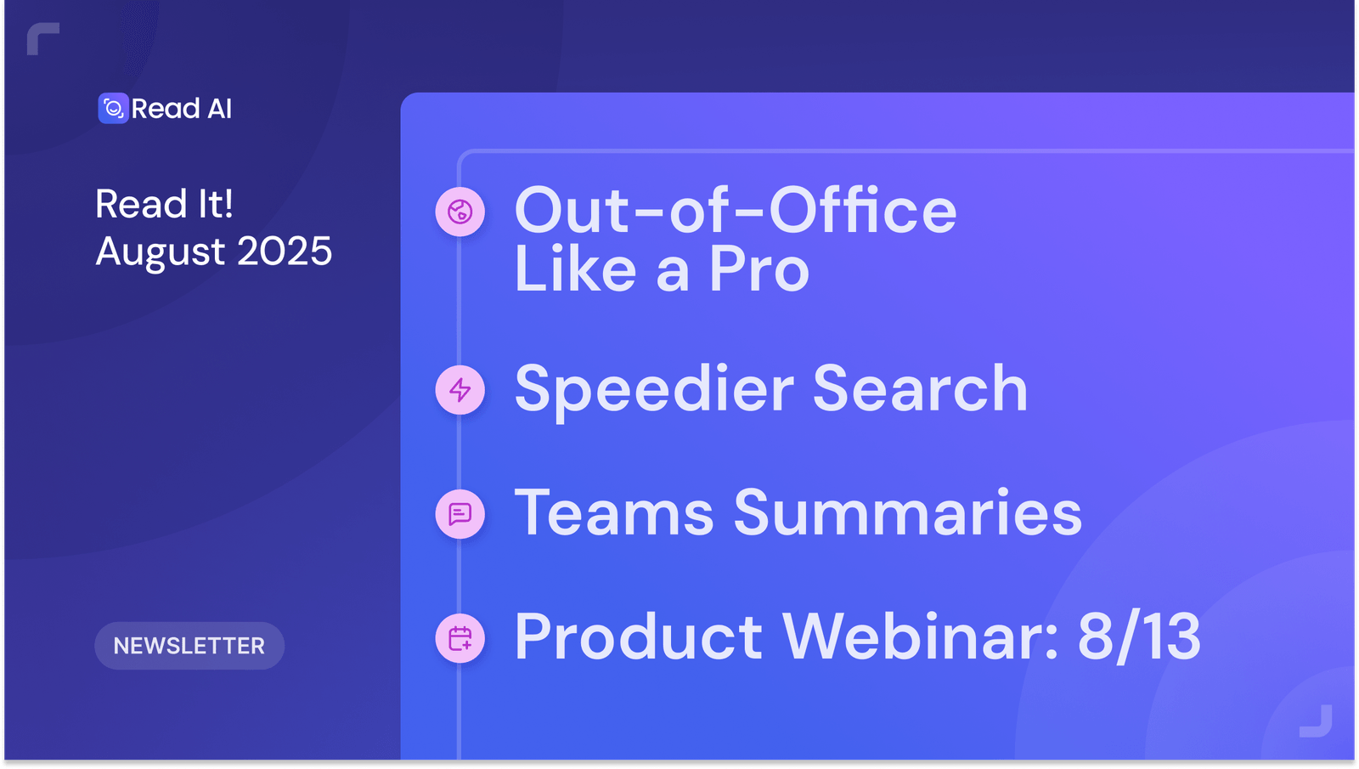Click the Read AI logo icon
coord(113,109)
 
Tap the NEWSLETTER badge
coord(189,646)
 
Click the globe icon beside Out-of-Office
coord(460,212)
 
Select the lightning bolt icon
coord(460,390)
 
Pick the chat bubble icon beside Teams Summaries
coord(460,514)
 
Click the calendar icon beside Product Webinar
coord(460,638)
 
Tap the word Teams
coord(614,513)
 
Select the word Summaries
coord(907,513)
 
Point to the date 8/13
coord(1139,636)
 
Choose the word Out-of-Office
coord(736,211)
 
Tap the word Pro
coord(758,270)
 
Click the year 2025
coord(285,252)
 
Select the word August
coord(161,252)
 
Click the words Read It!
coord(164,204)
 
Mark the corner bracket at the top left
coord(40,37)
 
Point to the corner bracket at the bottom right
coord(1318,723)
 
